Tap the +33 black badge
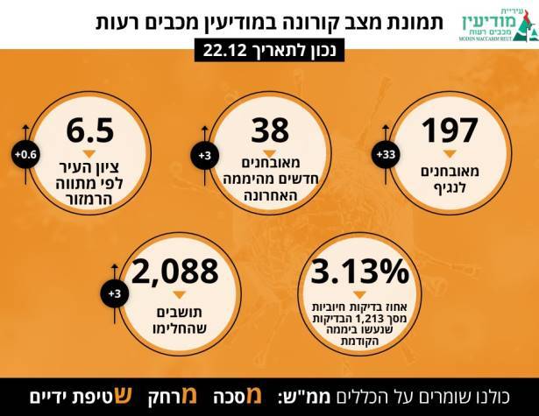387,156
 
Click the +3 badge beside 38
205,156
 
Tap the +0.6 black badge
24,156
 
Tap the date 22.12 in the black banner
227,52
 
